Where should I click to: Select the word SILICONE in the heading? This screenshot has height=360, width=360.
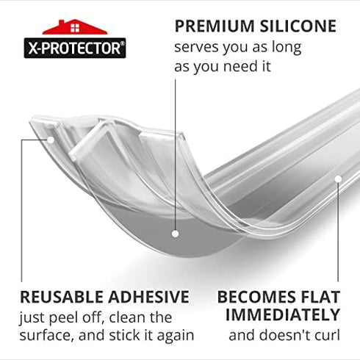(x=299, y=27)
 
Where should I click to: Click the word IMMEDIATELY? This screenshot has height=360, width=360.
(x=282, y=316)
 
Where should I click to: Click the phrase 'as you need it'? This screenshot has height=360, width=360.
(x=223, y=66)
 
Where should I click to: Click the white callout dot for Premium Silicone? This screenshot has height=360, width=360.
(x=176, y=234)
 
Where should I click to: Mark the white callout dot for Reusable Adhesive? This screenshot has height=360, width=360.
(x=51, y=137)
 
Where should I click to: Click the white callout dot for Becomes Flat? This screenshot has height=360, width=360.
(x=338, y=178)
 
